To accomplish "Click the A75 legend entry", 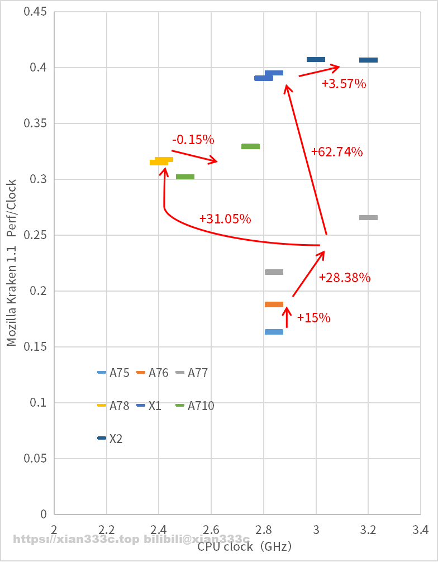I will (x=113, y=373).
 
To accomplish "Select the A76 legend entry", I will (x=153, y=373).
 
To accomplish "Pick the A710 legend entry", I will (x=195, y=406).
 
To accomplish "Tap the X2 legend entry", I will (x=110, y=439).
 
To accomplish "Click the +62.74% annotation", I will (x=337, y=151).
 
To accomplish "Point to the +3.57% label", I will (x=344, y=84).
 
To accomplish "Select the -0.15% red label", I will (x=193, y=139).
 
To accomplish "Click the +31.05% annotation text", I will (x=225, y=219).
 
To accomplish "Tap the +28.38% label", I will (x=345, y=278).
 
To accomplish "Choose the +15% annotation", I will (x=313, y=318).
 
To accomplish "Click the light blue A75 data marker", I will (x=274, y=332).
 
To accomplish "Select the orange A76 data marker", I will (x=274, y=304).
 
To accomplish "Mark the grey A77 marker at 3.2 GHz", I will (x=368, y=217).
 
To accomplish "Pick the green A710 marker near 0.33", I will (x=250, y=146).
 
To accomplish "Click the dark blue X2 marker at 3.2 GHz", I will (x=368, y=60).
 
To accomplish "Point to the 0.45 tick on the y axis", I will (x=35, y=12).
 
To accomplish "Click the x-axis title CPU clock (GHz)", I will (x=244, y=546).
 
